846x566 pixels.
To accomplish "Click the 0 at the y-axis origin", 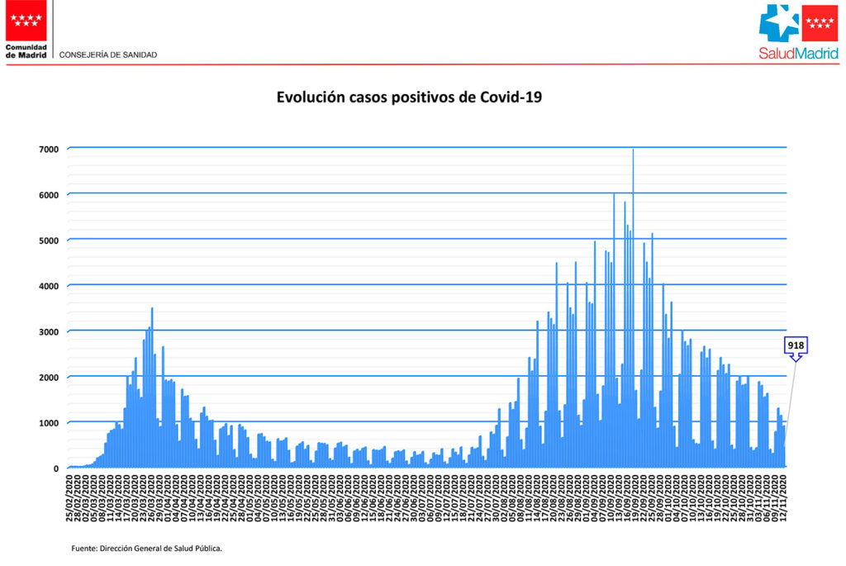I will coord(55,468).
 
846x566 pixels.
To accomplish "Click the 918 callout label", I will coord(796,345).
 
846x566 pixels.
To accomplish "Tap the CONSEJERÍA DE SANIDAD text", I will coord(108,55).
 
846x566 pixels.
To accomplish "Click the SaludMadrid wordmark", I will coord(799,54).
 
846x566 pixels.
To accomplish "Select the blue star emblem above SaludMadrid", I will coord(779,23).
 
